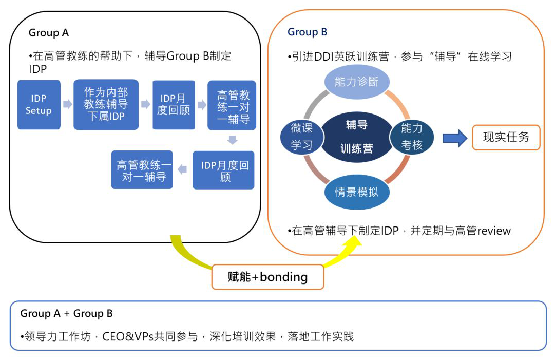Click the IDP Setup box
coord(39,104)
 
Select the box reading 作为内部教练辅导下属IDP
coord(106,104)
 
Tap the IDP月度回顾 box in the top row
coord(174,104)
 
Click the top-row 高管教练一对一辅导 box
coord(232,105)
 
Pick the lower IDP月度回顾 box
coord(223,170)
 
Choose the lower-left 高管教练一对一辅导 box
coord(142,169)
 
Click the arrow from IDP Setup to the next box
coord(67,104)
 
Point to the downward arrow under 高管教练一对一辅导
coord(232,140)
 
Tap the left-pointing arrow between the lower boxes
coord(182,169)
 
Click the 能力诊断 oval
coord(357,82)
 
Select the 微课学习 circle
coord(301,136)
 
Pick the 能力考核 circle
coord(412,136)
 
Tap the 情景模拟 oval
coord(357,192)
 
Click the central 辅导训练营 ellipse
coord(356,137)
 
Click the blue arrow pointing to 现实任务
coord(455,138)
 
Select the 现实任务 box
coord(506,137)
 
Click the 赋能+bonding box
coord(267,276)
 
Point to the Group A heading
coord(48,33)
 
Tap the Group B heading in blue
coord(307,32)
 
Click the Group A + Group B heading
coord(66,314)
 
